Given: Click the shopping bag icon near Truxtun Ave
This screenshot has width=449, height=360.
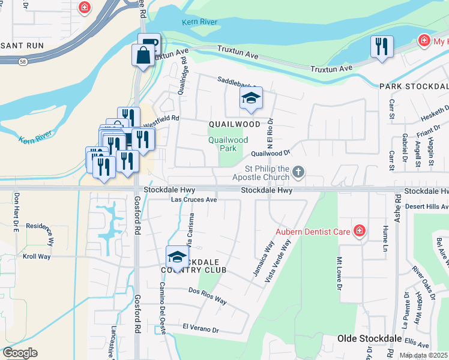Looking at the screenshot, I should pos(143,56).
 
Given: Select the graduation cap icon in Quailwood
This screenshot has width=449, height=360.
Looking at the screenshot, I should pos(251,99).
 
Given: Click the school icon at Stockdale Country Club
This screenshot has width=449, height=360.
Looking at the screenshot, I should pos(177,257).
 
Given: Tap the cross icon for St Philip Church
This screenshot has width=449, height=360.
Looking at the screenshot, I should pos(298,173).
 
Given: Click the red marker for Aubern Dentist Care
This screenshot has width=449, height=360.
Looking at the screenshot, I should pos(359,230).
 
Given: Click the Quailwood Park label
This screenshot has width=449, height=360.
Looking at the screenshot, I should pos(228,143).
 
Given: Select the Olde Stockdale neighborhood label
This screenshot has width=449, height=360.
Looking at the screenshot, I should pos(369,338).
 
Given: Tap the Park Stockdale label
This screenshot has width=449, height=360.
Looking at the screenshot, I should pos(414,86).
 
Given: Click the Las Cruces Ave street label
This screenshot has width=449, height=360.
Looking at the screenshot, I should pos(193,199).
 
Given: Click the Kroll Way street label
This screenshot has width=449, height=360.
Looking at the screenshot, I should pos(36,256).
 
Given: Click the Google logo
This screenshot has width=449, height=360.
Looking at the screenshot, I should pos(20,353).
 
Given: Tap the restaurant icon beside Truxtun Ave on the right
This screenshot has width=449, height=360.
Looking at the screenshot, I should pos(381,47).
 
